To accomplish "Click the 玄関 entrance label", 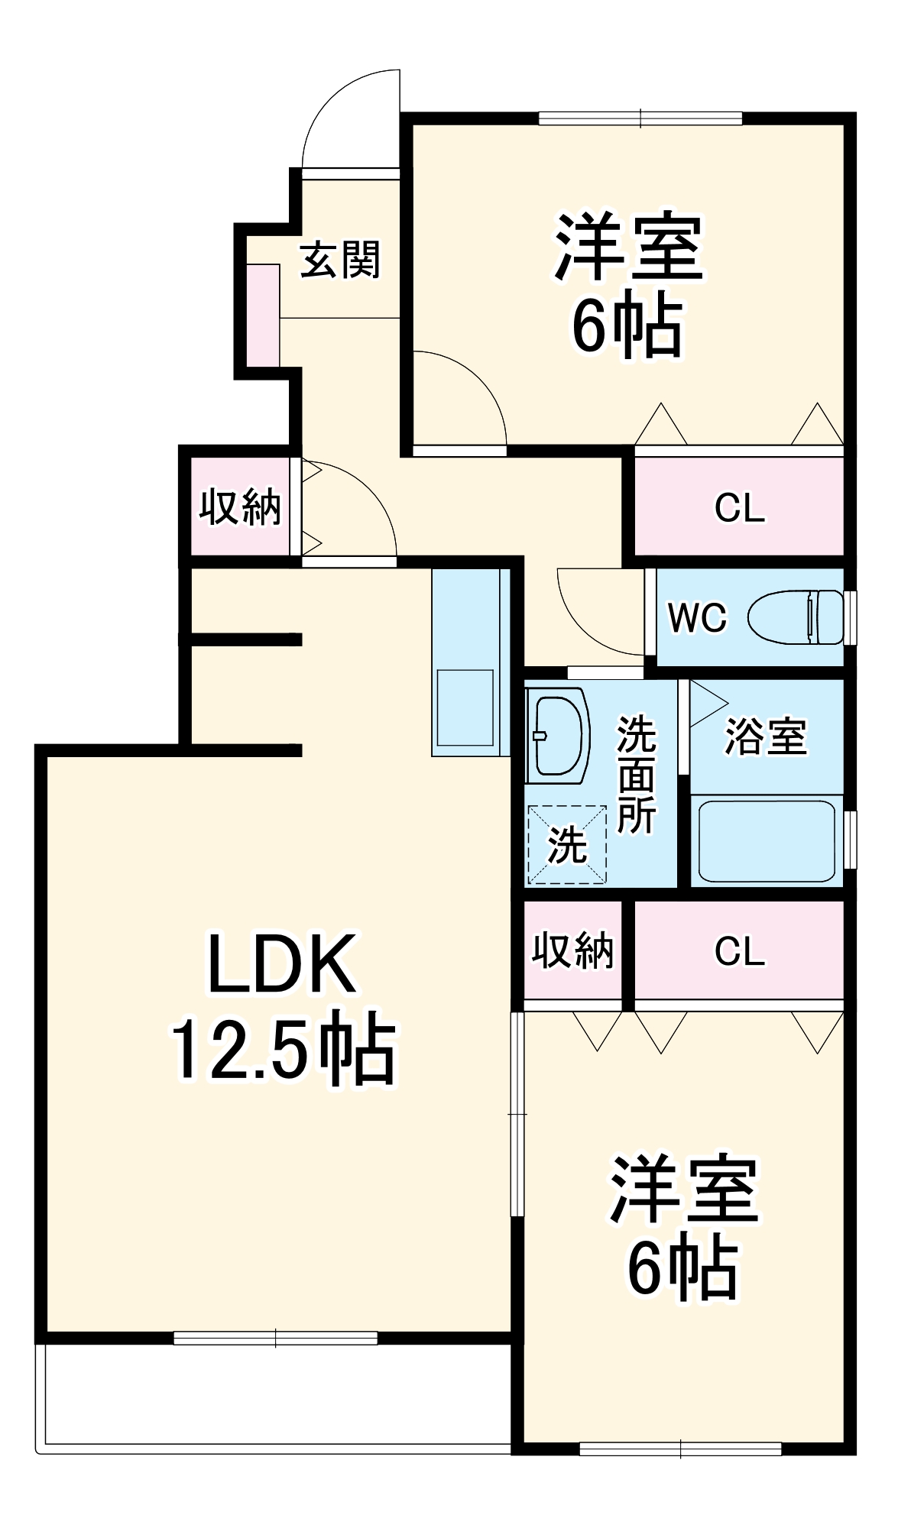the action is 340,260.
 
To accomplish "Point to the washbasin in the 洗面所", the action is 559,735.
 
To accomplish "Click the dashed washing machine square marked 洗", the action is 567,844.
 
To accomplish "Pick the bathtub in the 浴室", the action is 767,841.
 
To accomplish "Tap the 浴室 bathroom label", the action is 765,736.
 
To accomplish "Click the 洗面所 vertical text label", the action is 636,774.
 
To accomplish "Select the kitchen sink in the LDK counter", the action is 465,707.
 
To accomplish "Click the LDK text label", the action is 282,964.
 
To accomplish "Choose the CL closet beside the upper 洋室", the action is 739,507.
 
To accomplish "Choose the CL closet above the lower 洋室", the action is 739,950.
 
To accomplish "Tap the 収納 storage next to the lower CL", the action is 572,950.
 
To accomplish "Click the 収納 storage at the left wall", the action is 240,507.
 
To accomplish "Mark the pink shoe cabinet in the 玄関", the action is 263,316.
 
